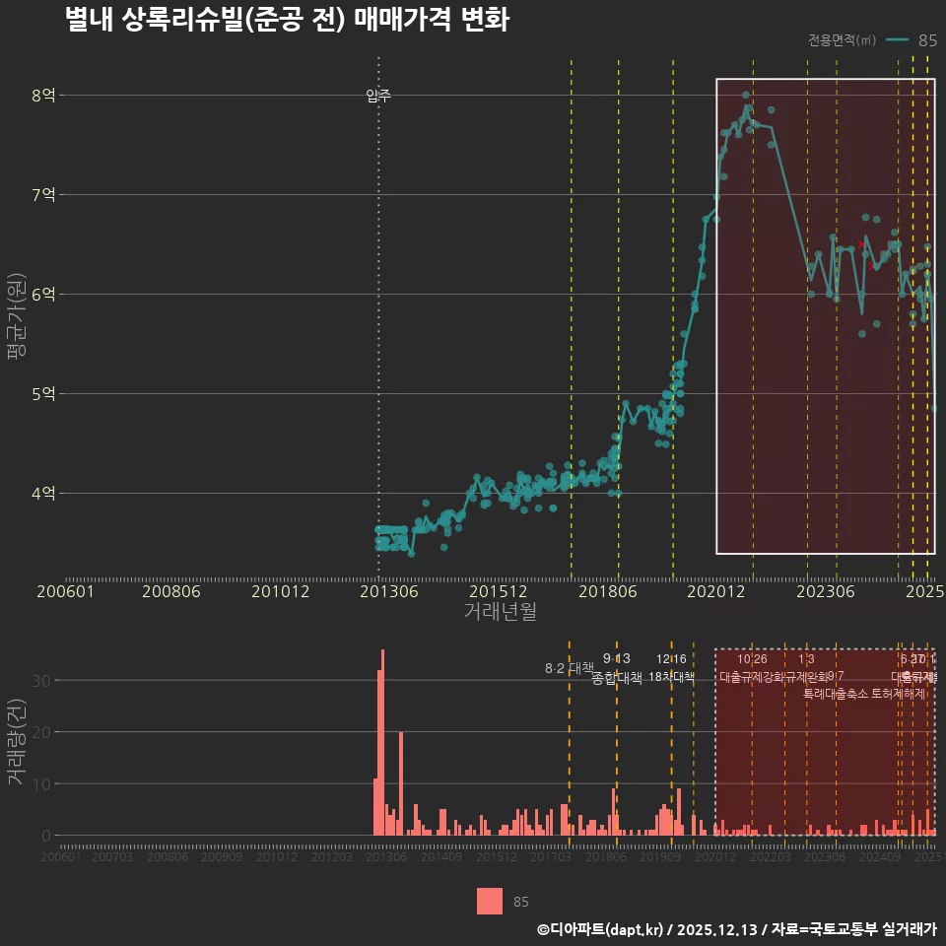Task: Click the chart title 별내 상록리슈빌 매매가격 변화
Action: [286, 20]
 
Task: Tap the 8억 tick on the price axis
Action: [43, 96]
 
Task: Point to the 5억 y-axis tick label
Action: [43, 393]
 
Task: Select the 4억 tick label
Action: [43, 493]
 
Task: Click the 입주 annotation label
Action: [378, 96]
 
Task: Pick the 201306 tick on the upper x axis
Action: [387, 591]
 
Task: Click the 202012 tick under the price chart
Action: [714, 591]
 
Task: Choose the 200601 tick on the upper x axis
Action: [64, 591]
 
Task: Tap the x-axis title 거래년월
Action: [500, 612]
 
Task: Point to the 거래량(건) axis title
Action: [15, 742]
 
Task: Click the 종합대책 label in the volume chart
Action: [617, 678]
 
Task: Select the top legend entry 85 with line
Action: [912, 40]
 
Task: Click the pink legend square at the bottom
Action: [490, 901]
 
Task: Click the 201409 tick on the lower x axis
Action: [441, 857]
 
